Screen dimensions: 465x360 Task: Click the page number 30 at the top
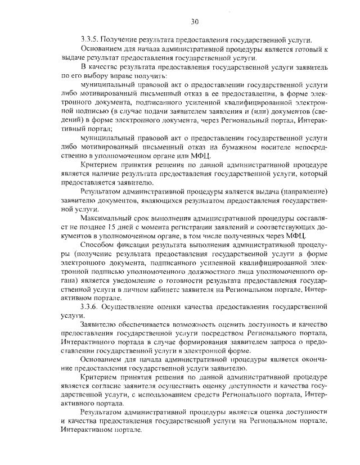[x=195, y=22]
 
